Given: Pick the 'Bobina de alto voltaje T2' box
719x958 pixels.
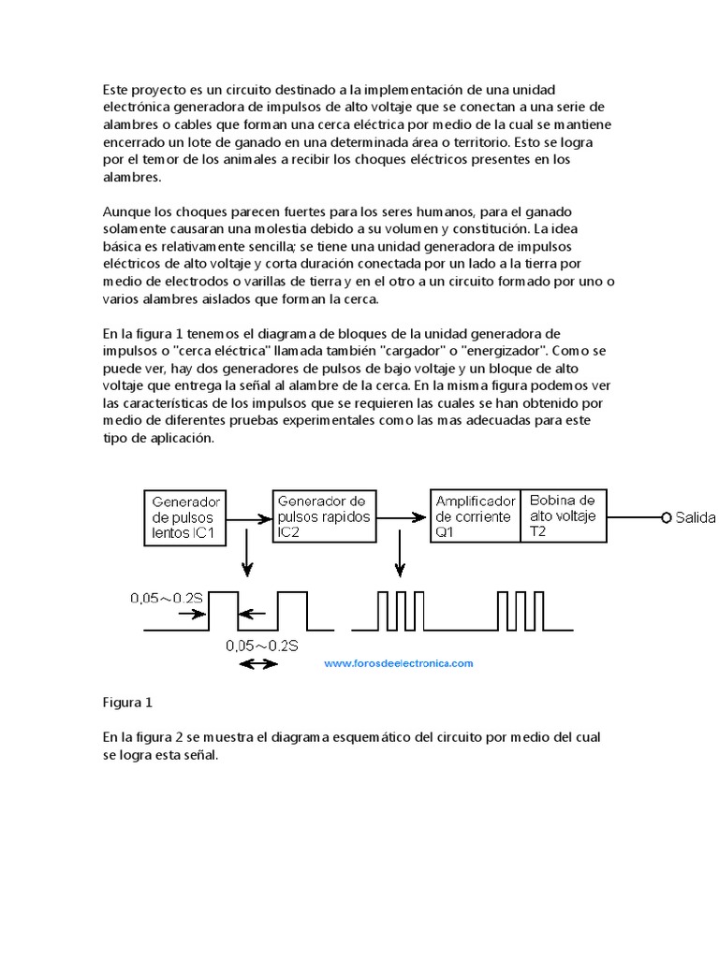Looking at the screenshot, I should tap(562, 516).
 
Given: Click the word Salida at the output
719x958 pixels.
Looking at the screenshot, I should tap(695, 517).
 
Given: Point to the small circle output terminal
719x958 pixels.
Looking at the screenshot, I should tap(666, 517).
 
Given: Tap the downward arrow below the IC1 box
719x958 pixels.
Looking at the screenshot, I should tap(246, 557).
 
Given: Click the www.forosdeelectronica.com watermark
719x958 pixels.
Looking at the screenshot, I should tap(399, 663).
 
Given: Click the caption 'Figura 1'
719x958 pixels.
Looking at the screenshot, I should tap(126, 702).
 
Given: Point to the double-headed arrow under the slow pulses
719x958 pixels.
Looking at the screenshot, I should tap(258, 663).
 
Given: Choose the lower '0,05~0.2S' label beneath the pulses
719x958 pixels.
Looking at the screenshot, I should tap(262, 645).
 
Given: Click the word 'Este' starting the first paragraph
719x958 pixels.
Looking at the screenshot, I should tap(116, 90).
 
